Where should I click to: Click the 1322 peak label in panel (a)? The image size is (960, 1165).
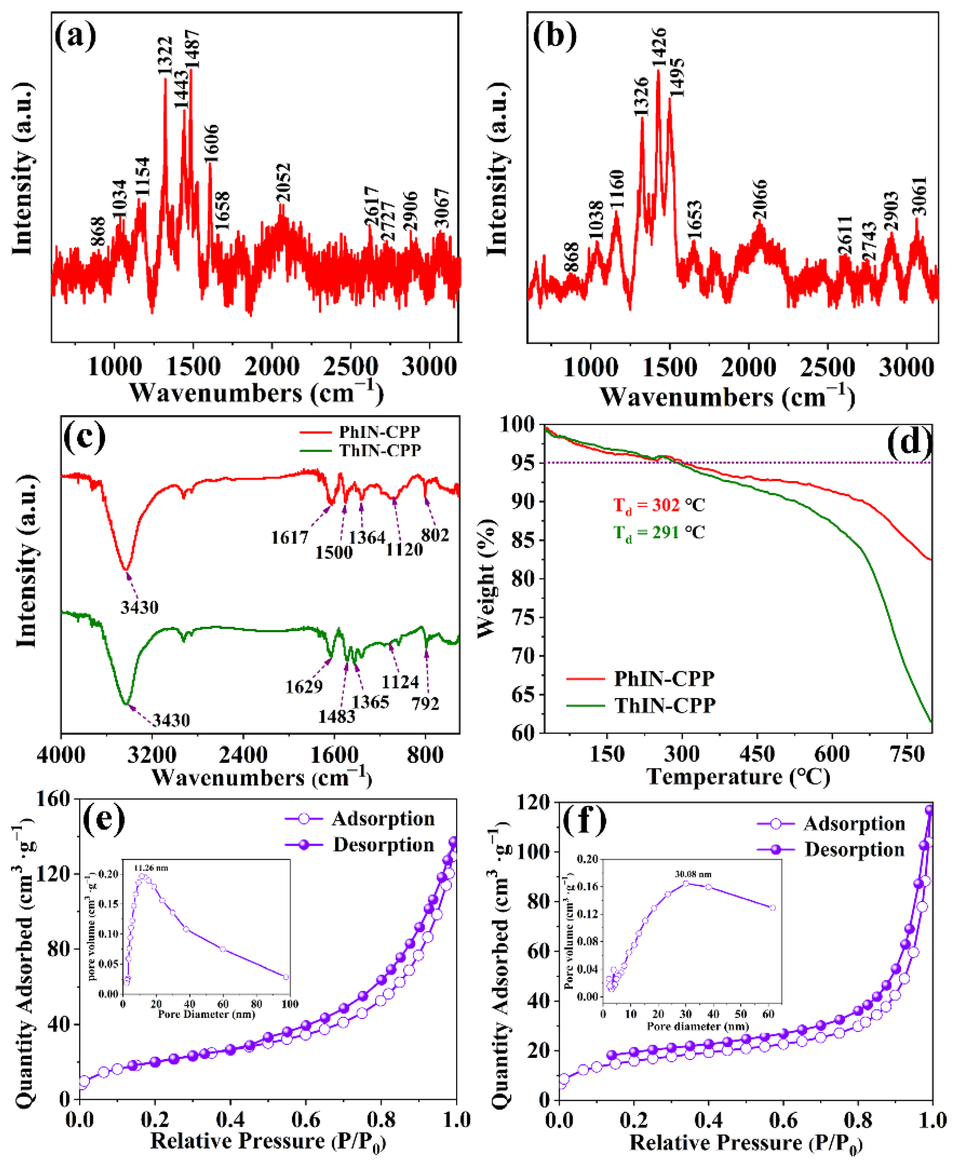click(x=165, y=56)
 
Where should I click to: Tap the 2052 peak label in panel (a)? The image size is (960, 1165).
click(x=283, y=182)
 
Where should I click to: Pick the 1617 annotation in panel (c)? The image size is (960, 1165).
click(x=289, y=537)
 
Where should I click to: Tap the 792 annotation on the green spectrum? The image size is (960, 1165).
click(x=425, y=703)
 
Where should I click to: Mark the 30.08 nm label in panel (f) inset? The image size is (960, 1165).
click(x=693, y=874)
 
